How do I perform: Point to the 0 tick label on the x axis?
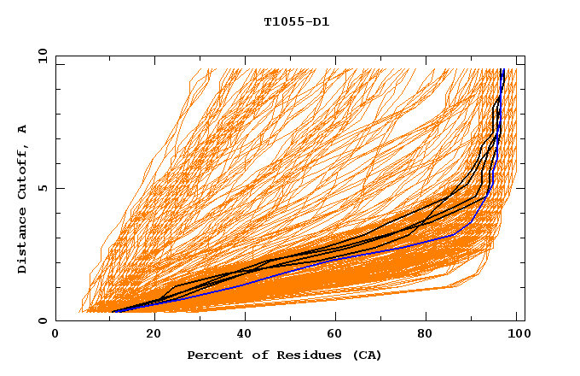(x=55, y=334)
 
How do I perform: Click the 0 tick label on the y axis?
(x=43, y=321)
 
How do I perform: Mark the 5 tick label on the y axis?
(x=43, y=188)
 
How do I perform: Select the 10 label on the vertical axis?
(x=39, y=56)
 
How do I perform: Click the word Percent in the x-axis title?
(x=212, y=355)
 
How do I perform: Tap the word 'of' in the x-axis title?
(x=252, y=355)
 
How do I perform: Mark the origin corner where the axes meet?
(x=55, y=321)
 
